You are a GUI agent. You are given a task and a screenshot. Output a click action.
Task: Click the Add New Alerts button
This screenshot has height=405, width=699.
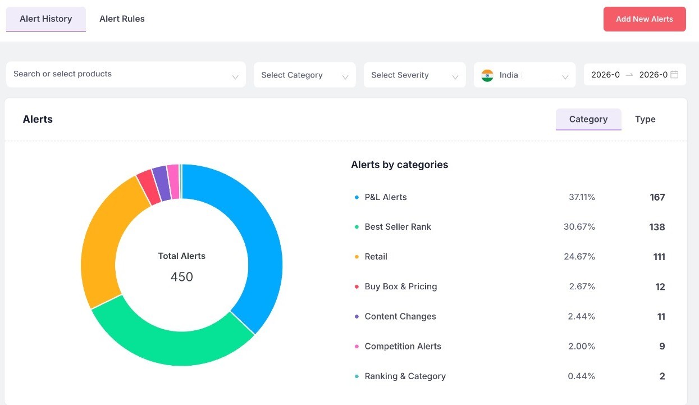[x=645, y=19]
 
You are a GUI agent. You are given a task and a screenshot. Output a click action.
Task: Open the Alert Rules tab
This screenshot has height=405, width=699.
[x=122, y=19]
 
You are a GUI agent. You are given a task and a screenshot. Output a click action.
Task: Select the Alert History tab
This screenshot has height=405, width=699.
[x=46, y=19]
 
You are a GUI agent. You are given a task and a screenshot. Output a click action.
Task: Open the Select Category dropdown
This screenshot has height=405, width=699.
[x=304, y=75]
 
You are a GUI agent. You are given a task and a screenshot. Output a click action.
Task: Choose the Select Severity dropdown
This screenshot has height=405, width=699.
[x=414, y=75]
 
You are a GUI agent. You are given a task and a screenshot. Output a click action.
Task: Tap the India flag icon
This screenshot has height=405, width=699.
[x=487, y=75]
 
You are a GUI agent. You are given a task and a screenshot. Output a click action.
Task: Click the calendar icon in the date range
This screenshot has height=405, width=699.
[x=674, y=75]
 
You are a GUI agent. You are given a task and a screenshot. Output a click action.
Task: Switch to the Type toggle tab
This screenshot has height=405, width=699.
[x=645, y=119]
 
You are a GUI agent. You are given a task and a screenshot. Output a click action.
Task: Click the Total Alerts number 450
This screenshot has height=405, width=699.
[x=182, y=277]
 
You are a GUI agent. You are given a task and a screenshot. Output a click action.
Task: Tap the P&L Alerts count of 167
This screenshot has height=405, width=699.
[x=657, y=197]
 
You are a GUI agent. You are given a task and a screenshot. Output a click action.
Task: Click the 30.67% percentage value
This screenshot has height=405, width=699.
[x=579, y=227]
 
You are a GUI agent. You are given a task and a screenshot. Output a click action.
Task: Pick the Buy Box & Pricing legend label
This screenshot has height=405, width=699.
[x=400, y=286]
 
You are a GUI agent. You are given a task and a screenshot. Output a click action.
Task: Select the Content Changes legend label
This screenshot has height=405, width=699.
[x=400, y=316]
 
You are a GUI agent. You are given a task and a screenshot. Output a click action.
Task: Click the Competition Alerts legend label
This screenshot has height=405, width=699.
[x=403, y=346]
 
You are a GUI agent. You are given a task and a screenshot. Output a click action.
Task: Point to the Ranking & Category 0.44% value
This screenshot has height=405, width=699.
[x=581, y=376]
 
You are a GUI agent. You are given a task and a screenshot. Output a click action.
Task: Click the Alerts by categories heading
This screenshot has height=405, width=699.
[x=399, y=165]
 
